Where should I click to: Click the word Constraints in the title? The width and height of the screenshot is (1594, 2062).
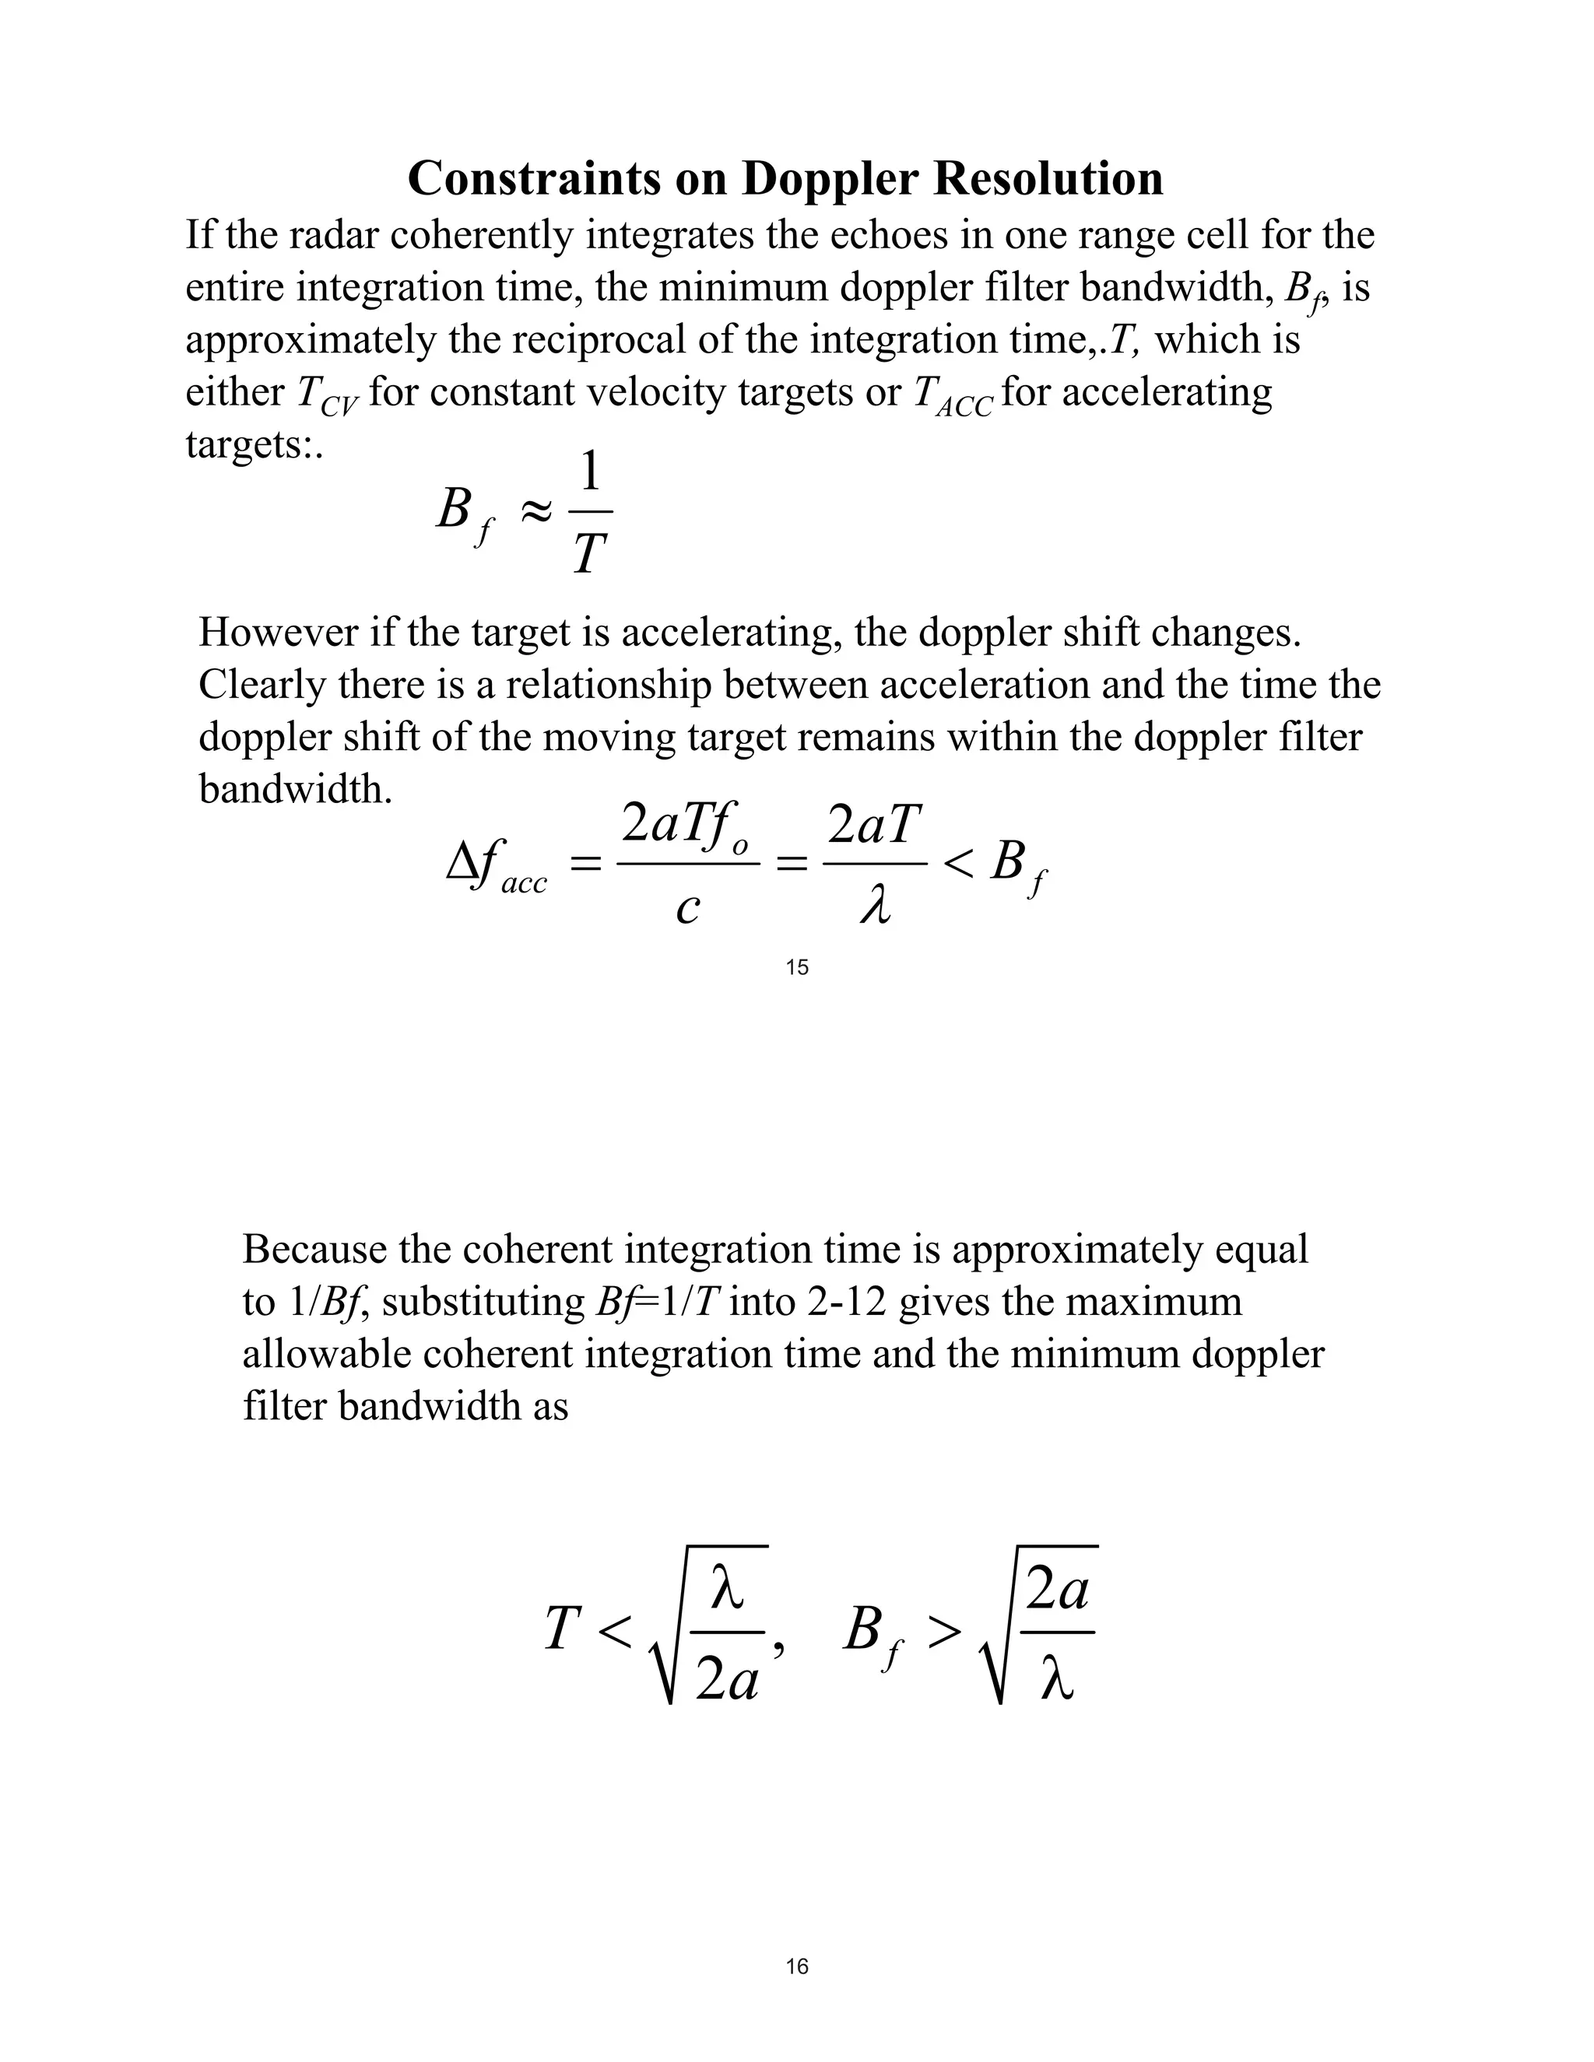(x=532, y=178)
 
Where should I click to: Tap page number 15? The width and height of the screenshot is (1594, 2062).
(x=797, y=966)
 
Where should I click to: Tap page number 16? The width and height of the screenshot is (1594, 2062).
(x=797, y=1966)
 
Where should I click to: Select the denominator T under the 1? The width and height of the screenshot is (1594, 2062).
(x=589, y=554)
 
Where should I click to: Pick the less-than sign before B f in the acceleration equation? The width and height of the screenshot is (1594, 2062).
(x=957, y=862)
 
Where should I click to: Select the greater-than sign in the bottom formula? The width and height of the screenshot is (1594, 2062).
(x=943, y=1630)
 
